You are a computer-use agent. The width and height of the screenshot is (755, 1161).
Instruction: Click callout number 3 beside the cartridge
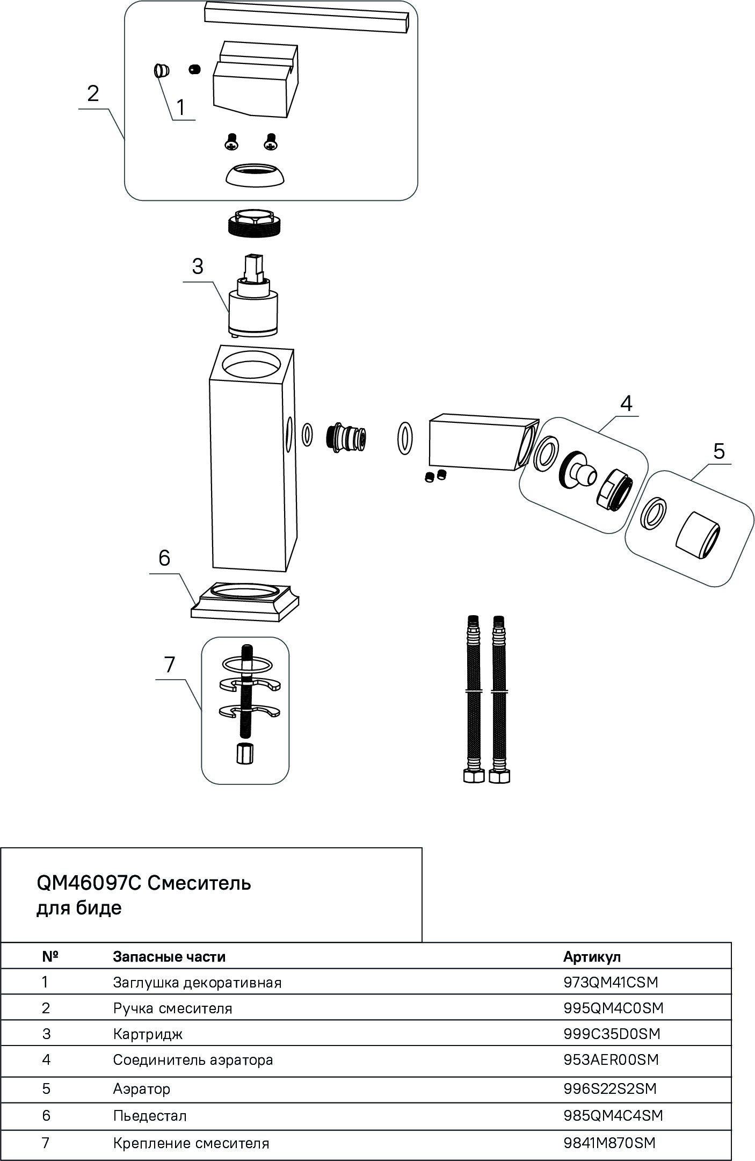point(198,266)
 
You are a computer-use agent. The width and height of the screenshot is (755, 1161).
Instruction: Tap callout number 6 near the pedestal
point(164,558)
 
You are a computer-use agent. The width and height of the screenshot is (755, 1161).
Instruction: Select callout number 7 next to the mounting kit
point(170,665)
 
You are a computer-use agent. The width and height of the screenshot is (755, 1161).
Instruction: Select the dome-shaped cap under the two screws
point(255,176)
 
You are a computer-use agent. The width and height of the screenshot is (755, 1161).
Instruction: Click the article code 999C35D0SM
point(612,1034)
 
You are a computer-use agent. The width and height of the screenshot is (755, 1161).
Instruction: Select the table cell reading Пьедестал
point(150,1116)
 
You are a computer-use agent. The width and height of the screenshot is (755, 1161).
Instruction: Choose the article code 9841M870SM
point(609,1143)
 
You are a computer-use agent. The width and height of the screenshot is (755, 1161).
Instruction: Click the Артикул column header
point(592,956)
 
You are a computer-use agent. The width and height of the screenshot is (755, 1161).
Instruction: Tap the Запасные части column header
point(169,956)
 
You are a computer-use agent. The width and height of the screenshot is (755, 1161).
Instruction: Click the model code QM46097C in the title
point(88,883)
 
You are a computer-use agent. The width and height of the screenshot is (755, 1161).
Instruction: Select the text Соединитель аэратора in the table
point(193,1060)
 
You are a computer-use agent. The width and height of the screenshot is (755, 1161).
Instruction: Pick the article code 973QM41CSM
point(611,982)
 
